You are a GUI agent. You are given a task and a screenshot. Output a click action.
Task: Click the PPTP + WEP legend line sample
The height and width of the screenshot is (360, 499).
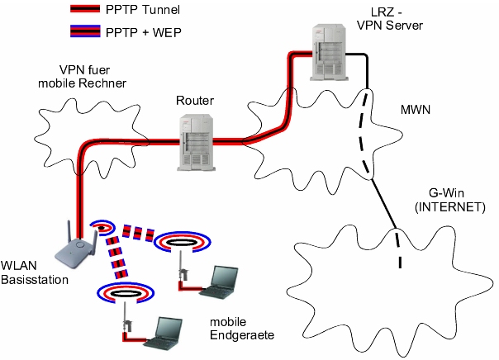(83, 32)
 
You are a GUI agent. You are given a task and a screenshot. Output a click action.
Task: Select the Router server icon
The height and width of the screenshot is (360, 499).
(196, 141)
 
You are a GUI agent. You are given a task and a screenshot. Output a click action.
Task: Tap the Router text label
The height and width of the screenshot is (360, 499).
(195, 101)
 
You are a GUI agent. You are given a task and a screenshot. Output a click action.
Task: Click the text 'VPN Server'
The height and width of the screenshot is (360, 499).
(390, 26)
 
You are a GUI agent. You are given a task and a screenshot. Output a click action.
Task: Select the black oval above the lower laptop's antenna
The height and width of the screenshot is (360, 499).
(122, 291)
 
